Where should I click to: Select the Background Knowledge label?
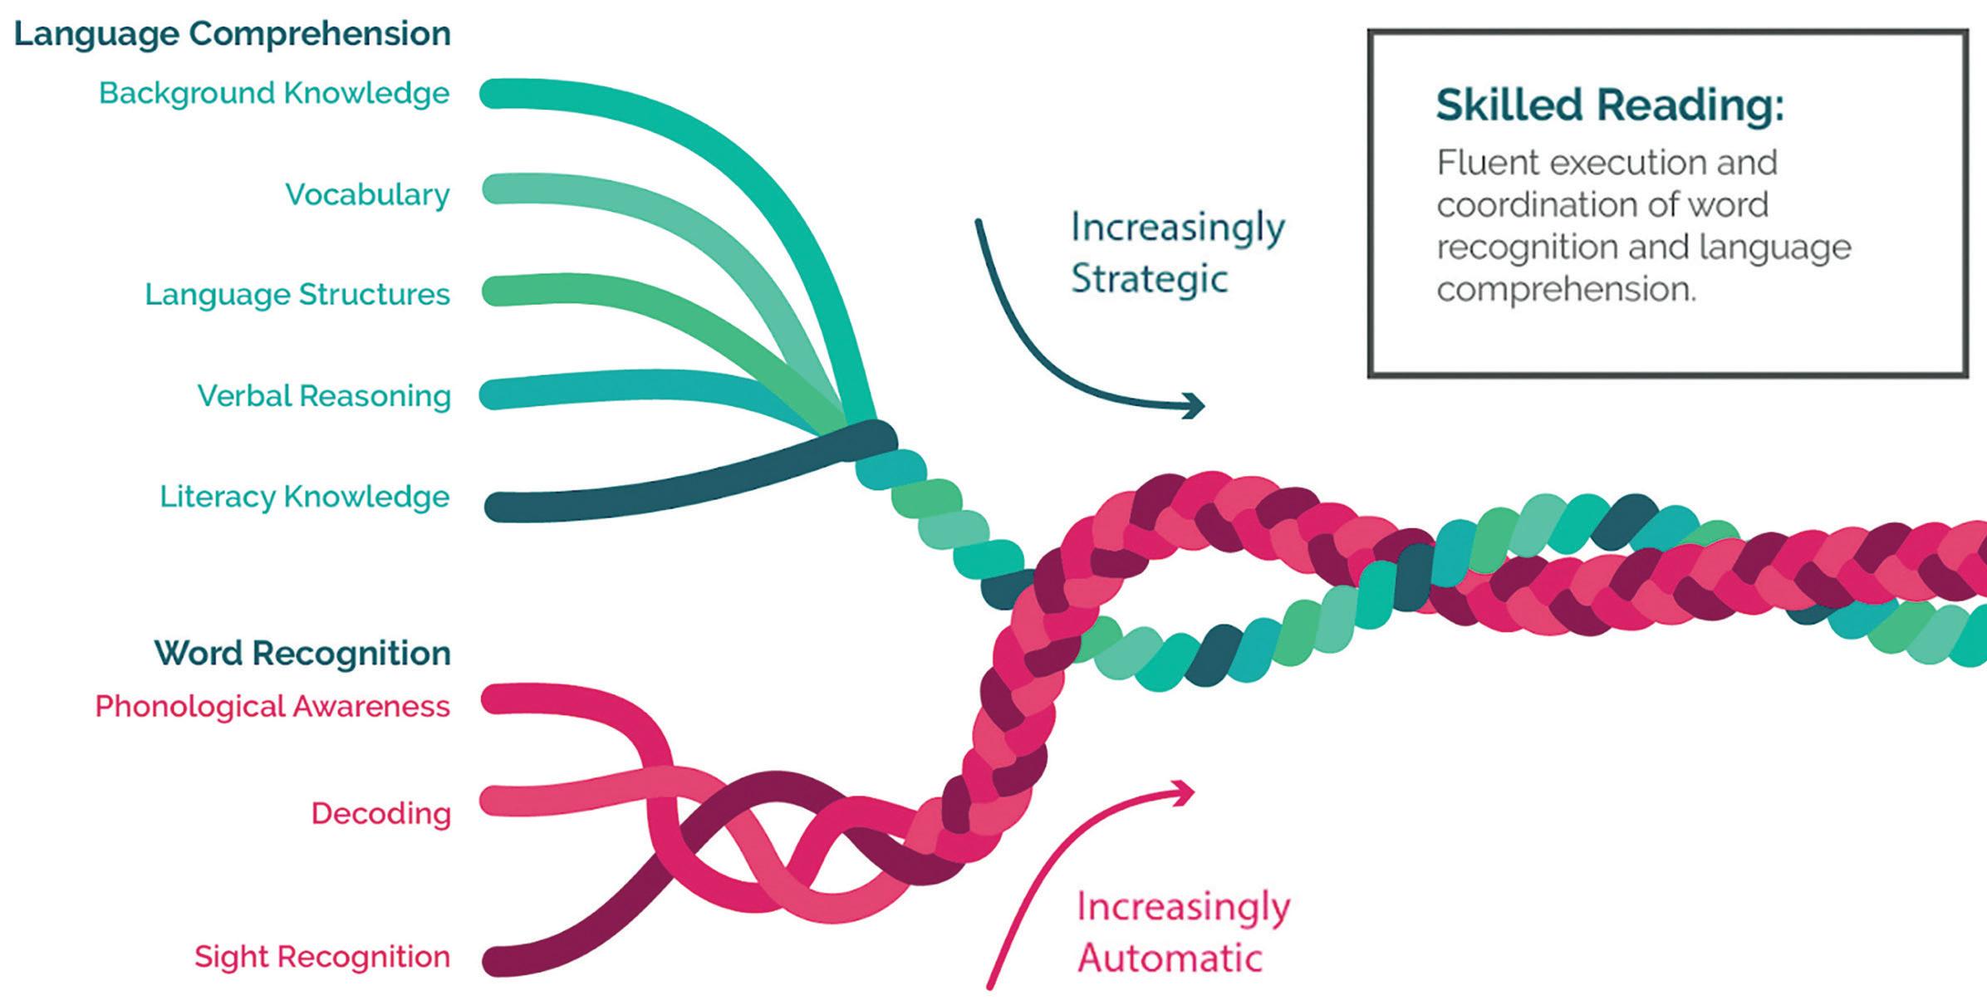tap(274, 93)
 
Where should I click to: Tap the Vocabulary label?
tap(367, 194)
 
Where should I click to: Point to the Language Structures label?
tap(297, 294)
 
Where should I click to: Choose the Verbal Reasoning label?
tap(324, 395)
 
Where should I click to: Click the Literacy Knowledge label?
tap(305, 497)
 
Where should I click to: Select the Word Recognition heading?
tap(302, 653)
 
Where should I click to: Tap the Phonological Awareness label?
tap(272, 706)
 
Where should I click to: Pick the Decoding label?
tap(380, 813)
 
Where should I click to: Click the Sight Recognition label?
tap(322, 956)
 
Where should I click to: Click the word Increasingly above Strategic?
tap(1178, 228)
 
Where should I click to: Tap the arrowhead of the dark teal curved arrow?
tap(1196, 405)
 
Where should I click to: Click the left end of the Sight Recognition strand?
tap(497, 962)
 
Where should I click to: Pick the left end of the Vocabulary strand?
tap(497, 189)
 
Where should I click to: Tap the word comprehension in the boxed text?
tap(1565, 290)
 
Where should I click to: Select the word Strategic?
tap(1149, 279)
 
